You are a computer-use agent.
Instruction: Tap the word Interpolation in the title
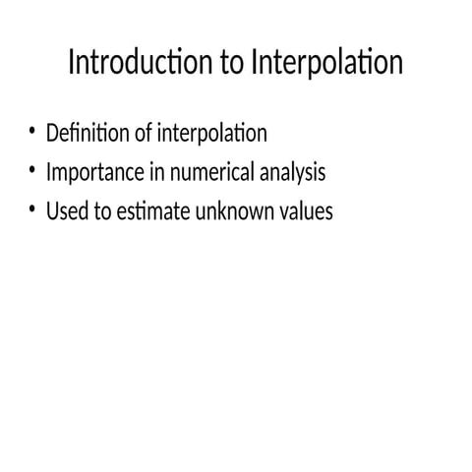326,64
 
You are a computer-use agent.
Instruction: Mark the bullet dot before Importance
32,171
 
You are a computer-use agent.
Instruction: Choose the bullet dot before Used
32,209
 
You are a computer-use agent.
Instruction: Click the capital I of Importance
49,173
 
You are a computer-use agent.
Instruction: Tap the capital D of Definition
53,133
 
